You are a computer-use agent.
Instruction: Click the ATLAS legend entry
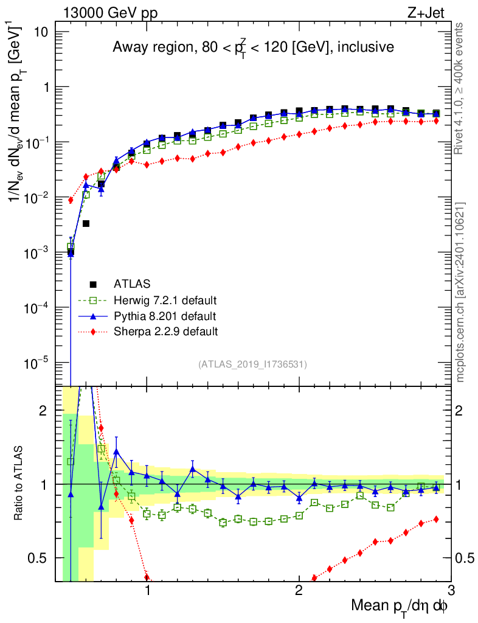point(132,284)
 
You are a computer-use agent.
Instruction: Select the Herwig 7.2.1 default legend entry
point(165,301)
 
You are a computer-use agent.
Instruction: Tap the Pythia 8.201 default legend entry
point(165,316)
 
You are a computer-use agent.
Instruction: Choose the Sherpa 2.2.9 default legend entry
point(165,332)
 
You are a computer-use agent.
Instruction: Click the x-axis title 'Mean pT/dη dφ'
point(400,606)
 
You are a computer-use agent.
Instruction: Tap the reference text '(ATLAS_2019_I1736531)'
point(252,364)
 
